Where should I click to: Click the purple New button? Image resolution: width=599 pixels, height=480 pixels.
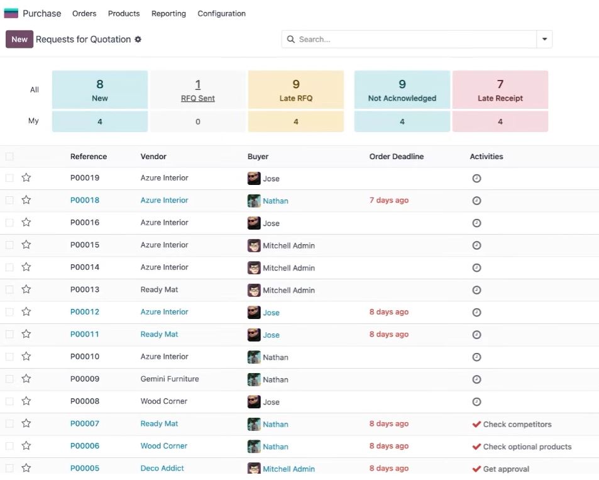19,40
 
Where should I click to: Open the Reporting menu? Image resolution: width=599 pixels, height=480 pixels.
168,14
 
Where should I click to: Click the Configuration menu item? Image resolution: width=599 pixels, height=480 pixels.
222,14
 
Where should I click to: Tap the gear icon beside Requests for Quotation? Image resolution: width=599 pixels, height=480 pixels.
138,40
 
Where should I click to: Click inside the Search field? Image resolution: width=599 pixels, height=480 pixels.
409,40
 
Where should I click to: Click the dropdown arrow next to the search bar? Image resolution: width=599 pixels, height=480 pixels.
544,40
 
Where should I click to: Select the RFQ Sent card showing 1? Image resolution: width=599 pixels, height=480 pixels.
198,90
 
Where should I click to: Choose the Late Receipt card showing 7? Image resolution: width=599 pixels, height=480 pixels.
500,90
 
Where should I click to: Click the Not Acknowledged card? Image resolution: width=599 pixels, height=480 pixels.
402,90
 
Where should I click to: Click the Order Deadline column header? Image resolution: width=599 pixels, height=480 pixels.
396,157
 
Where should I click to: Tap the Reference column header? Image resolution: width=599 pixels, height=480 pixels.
88,157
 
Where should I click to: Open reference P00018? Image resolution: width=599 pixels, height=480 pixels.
84,200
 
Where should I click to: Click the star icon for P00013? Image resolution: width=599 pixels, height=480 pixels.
26,289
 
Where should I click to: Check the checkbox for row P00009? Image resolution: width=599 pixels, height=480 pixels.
9,379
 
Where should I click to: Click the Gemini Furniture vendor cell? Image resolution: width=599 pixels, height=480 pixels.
170,379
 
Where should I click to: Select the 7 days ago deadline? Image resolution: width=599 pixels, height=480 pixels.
389,200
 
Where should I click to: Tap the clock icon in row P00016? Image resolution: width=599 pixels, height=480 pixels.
476,223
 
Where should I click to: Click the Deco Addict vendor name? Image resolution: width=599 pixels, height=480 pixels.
162,468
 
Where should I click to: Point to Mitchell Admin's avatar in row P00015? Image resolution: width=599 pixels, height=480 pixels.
254,245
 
